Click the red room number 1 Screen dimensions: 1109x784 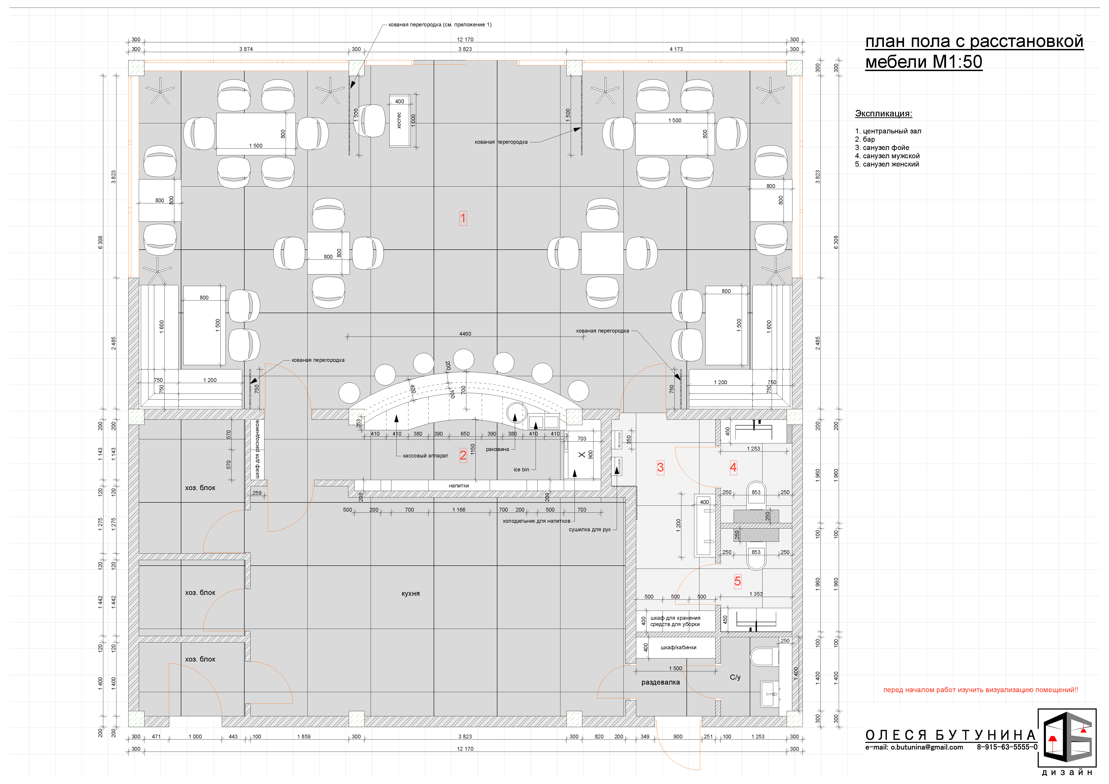coord(463,218)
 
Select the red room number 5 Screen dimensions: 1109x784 coord(737,581)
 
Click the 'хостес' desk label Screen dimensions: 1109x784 coord(399,120)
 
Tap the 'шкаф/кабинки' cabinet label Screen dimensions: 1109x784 coord(679,647)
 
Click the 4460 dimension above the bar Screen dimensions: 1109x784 coord(465,334)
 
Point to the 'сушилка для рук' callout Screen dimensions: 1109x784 coord(590,530)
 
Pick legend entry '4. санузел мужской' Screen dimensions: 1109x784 coord(887,156)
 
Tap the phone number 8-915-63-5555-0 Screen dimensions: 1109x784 coord(1007,747)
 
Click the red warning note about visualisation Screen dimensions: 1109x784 coord(980,690)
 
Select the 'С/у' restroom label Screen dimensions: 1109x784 coord(735,677)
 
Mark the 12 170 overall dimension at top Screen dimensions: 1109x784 coord(465,40)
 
